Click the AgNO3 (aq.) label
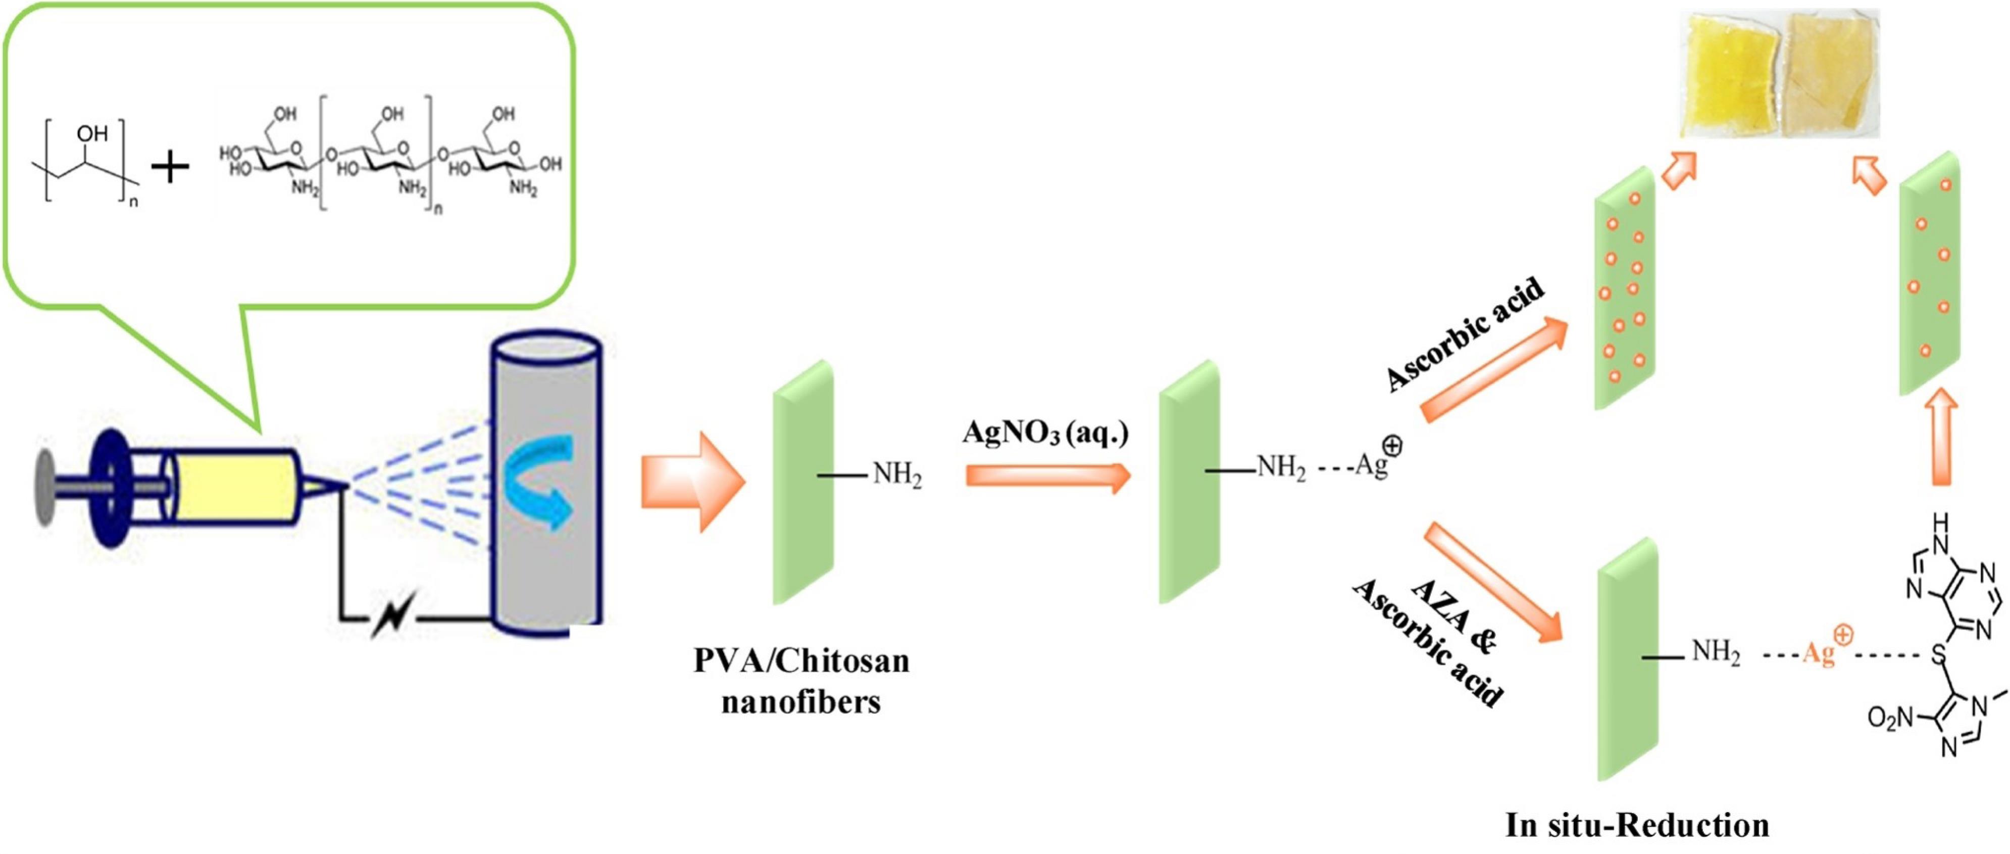pyautogui.click(x=1045, y=432)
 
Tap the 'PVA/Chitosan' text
pyautogui.click(x=801, y=661)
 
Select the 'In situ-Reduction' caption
pyautogui.click(x=1636, y=825)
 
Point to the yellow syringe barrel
pyautogui.click(x=234, y=486)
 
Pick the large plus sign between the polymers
pyautogui.click(x=170, y=166)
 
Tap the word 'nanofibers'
pyautogui.click(x=801, y=702)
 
